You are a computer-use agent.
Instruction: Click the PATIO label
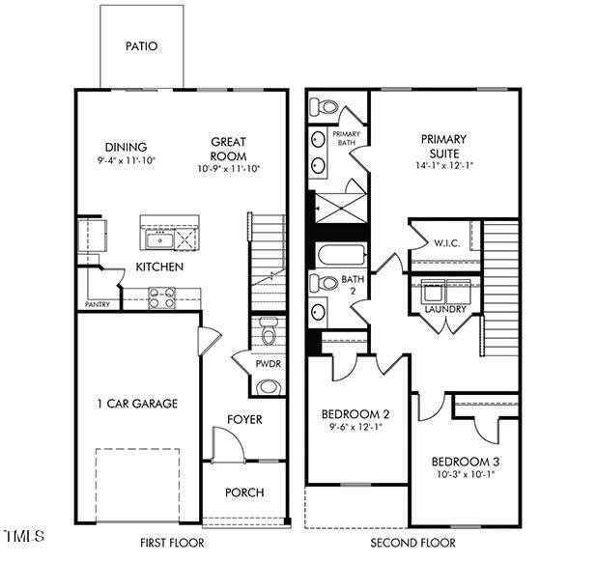pyautogui.click(x=141, y=45)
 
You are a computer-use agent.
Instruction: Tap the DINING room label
pyautogui.click(x=127, y=147)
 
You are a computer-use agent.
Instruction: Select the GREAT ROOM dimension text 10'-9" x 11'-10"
pyautogui.click(x=228, y=168)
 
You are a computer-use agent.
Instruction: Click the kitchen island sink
pyautogui.click(x=156, y=236)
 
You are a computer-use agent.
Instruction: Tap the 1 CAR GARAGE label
pyautogui.click(x=136, y=404)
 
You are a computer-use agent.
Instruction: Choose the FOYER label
pyautogui.click(x=244, y=420)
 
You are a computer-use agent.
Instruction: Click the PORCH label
pyautogui.click(x=244, y=492)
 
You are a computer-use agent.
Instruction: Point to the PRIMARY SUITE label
pyautogui.click(x=444, y=146)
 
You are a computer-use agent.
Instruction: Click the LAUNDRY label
pyautogui.click(x=444, y=310)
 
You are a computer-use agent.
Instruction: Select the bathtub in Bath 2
pyautogui.click(x=339, y=258)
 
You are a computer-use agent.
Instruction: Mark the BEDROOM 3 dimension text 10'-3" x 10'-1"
pyautogui.click(x=465, y=474)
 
